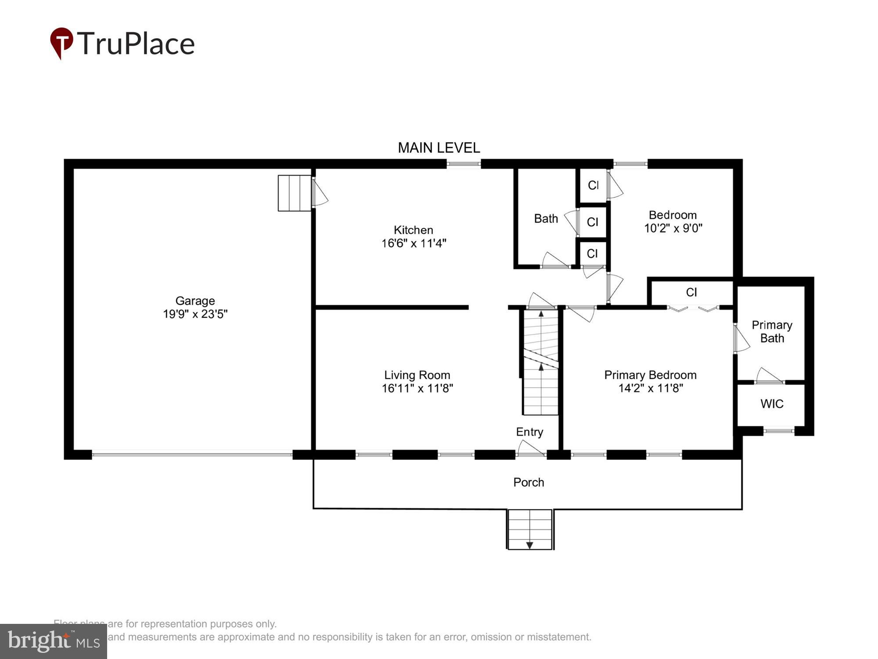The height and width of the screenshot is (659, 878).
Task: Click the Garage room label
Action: [x=195, y=301]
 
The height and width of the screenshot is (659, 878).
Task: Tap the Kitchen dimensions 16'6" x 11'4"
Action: [x=414, y=243]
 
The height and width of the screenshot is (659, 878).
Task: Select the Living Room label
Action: [x=417, y=375]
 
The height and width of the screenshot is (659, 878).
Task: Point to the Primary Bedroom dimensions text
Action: [x=650, y=388]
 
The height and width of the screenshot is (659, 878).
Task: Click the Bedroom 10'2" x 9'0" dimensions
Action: [x=673, y=228]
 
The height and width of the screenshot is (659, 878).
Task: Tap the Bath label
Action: [x=546, y=218]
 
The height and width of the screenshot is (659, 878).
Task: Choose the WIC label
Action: [x=771, y=404]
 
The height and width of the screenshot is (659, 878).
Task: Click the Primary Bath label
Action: [x=771, y=332]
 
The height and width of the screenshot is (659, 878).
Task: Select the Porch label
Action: [x=529, y=482]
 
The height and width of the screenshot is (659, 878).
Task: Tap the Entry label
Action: [x=529, y=432]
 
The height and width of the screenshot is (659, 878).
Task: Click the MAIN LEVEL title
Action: [x=439, y=148]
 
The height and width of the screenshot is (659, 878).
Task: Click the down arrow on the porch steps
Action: [x=529, y=545]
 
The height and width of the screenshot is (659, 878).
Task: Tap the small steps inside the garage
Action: [x=295, y=193]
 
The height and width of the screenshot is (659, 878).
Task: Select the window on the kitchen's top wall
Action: [x=464, y=164]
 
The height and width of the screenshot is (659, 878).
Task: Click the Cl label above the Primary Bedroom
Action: [x=691, y=292]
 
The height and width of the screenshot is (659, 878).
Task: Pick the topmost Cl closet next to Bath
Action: [x=593, y=185]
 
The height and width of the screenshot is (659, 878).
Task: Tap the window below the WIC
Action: [x=779, y=431]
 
